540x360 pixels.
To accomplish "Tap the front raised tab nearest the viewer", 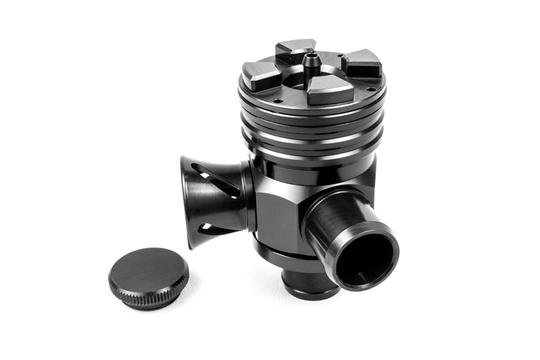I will (330, 89).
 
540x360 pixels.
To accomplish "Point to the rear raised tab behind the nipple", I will (295, 50).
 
